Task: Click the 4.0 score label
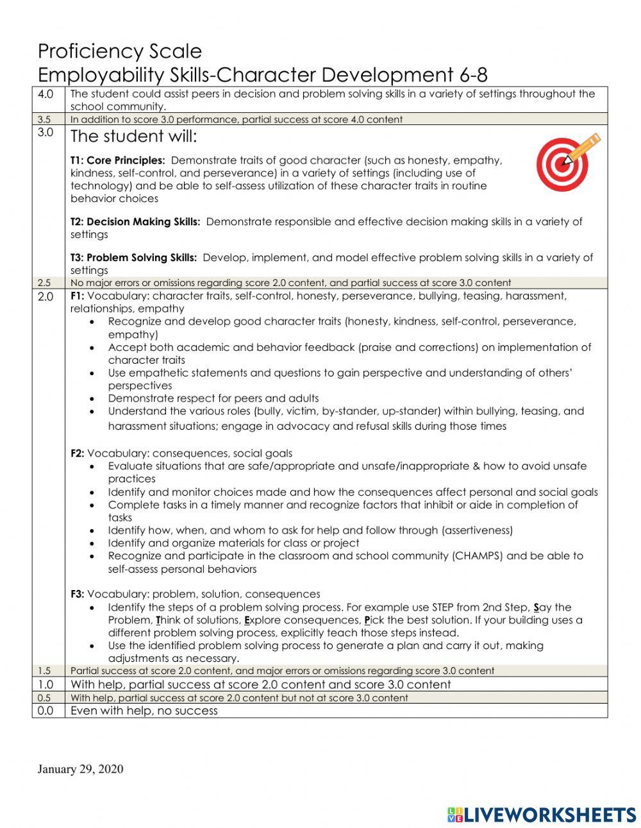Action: coord(46,94)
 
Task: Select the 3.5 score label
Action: coord(44,119)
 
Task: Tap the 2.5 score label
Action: coord(44,283)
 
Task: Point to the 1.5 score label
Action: coord(44,671)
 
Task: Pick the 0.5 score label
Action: coord(44,698)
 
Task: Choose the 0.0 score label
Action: coord(46,711)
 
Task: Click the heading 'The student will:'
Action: coord(134,137)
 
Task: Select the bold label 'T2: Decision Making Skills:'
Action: coord(135,222)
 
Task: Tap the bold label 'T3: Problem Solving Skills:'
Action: coord(133,258)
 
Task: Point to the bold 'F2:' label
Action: coord(77,453)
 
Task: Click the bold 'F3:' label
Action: coord(77,595)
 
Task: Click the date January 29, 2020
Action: coord(80,769)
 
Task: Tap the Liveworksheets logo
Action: coord(542,815)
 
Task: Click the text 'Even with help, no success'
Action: coord(144,711)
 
